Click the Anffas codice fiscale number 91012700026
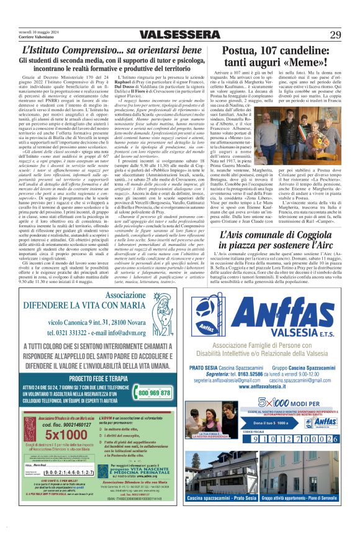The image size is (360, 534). [x=286, y=440]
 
